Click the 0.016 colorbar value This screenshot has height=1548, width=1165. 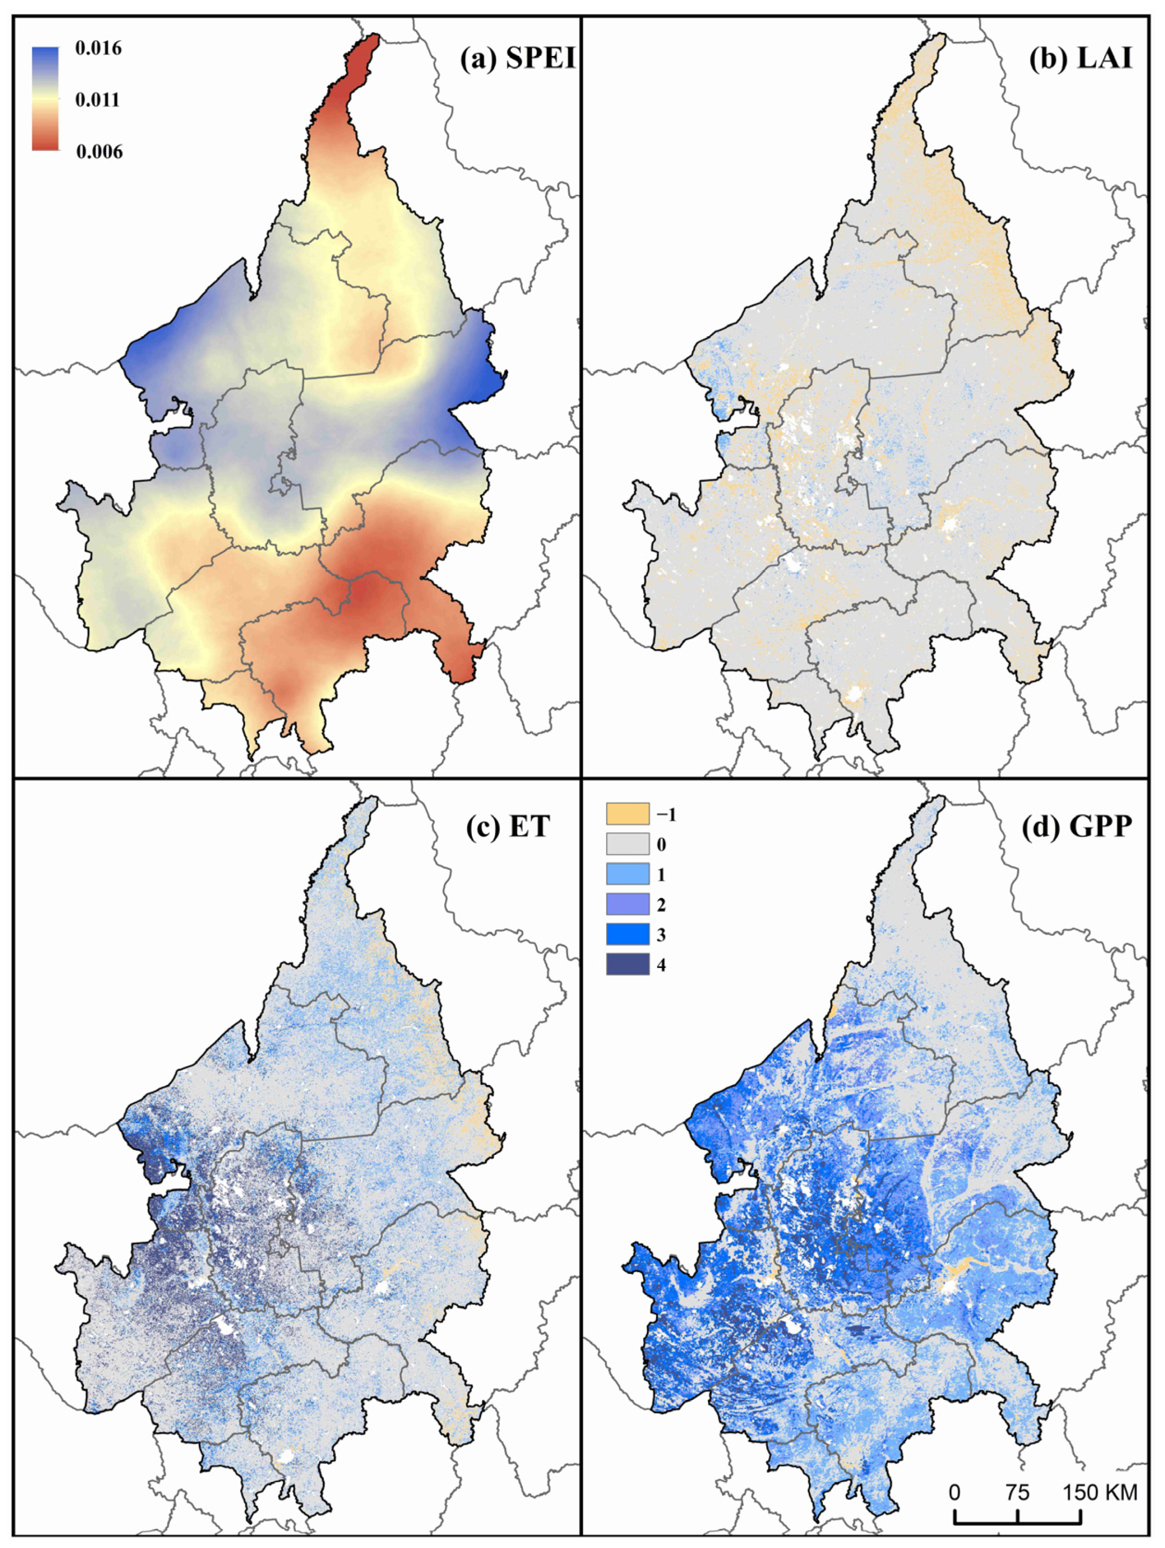pos(98,48)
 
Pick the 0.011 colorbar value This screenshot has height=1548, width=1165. pos(97,100)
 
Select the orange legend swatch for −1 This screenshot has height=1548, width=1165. pos(627,815)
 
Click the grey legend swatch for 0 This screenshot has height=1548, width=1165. pos(627,844)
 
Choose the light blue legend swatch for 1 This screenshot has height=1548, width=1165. pos(627,875)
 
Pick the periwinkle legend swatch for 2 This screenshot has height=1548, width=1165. pos(627,905)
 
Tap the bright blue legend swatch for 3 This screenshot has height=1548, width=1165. pos(627,935)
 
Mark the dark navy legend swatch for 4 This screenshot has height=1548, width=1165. pos(627,965)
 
